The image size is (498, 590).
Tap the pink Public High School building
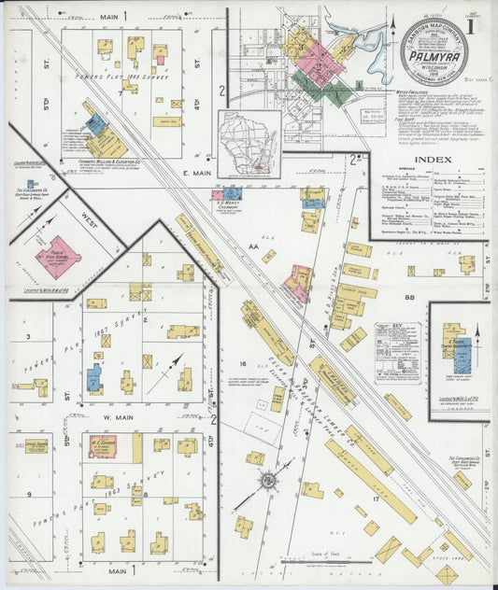pos(57,257)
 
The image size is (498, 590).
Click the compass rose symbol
pos(267,481)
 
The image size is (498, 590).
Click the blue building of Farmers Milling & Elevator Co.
pos(95,123)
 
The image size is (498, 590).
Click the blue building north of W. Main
pos(94,379)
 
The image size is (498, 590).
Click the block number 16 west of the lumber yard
pos(241,364)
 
